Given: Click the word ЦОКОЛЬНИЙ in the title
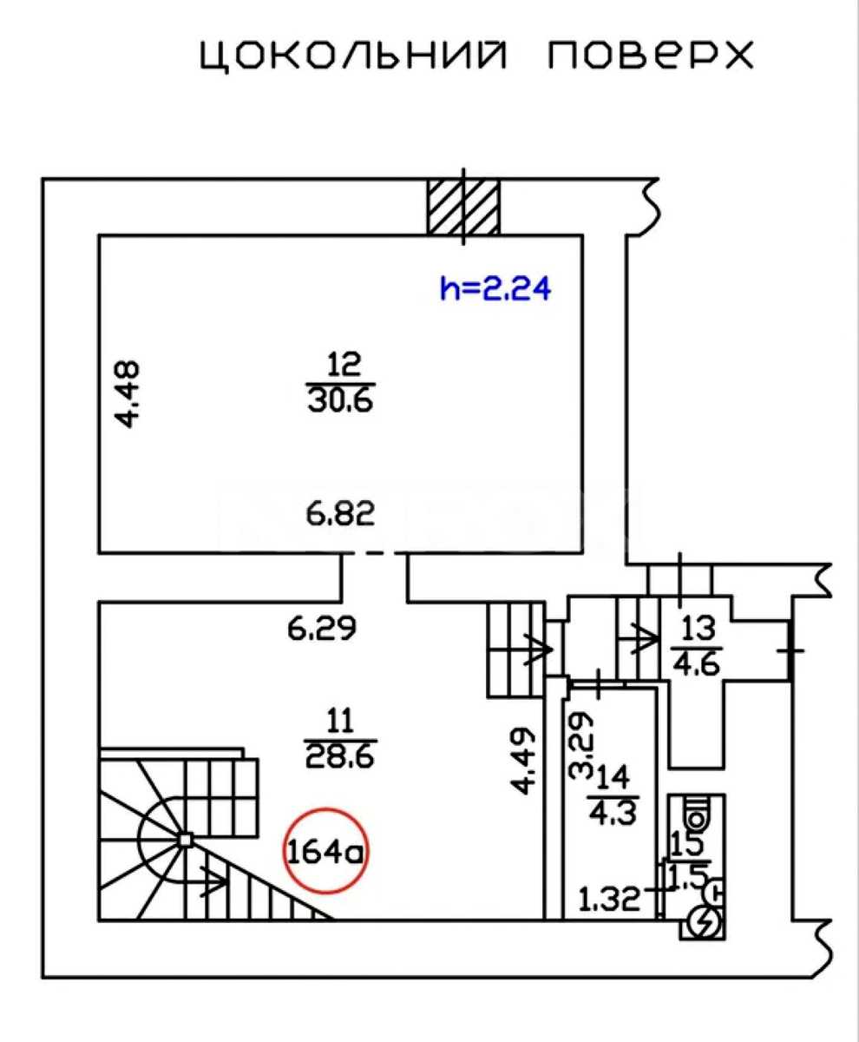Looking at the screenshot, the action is (x=353, y=56).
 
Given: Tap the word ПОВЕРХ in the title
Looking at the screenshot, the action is (x=650, y=55).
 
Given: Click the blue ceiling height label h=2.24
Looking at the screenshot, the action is (x=495, y=288).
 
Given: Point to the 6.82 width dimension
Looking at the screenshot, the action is (x=340, y=514).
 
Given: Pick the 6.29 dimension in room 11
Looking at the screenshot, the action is (x=322, y=629).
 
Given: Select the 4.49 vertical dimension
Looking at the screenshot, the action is (x=523, y=761).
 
